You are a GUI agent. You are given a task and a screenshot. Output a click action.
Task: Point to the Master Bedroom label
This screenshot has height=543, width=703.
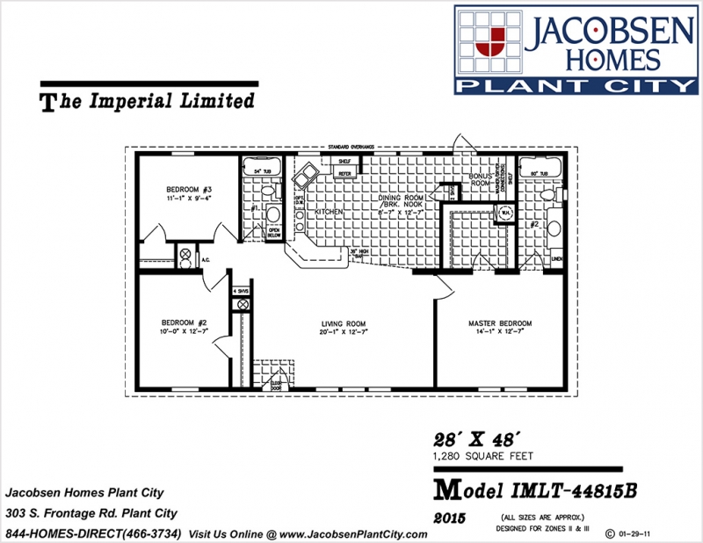pos(500,323)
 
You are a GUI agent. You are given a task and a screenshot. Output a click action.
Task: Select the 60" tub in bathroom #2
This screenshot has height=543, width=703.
pos(536,170)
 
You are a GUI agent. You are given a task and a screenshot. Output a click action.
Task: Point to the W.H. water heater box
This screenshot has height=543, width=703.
pos(505,212)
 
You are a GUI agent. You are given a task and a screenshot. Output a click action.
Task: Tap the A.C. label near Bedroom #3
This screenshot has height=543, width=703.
pos(205,260)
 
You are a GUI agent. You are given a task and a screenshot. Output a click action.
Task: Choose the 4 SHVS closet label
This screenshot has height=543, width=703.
pos(240,290)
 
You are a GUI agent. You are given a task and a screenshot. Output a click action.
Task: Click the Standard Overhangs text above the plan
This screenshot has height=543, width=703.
pos(351,148)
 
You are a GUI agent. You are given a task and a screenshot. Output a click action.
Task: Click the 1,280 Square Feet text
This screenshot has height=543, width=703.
pos(484,456)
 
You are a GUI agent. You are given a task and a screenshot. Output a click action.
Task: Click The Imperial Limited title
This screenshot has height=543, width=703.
pos(148,101)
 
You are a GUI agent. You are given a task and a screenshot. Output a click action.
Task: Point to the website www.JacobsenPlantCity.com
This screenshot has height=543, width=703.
pos(346,534)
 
